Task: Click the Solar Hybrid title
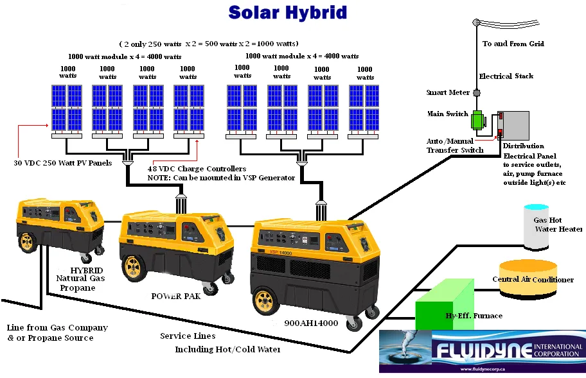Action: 287,12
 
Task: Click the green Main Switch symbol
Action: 478,121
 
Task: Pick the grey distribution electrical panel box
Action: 514,126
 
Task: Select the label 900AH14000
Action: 311,323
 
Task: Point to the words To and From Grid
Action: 513,44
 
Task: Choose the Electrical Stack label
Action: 506,76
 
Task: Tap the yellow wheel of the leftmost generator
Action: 27,242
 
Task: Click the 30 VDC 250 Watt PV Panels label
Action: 63,163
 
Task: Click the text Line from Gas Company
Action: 57,327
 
